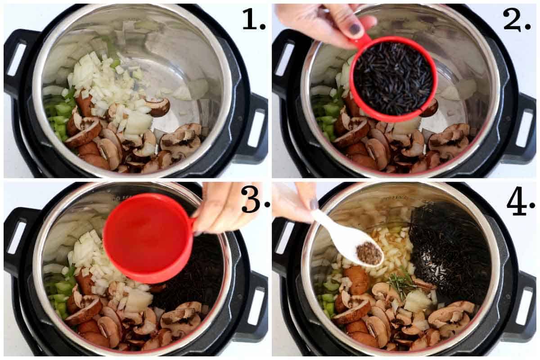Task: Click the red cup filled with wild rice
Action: coord(393,79)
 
